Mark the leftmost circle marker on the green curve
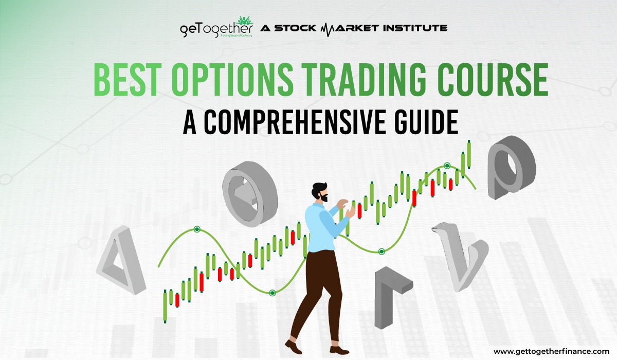point(196,229)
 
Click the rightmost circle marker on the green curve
point(447,165)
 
